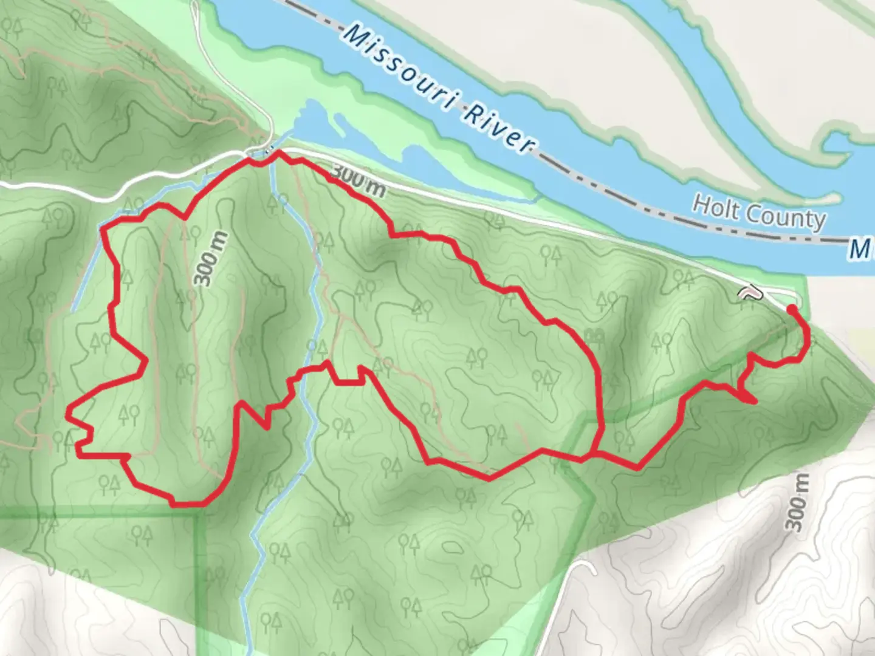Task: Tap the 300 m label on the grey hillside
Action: [x=798, y=501]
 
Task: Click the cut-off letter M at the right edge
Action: [x=860, y=249]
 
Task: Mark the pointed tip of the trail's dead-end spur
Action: [x=755, y=401]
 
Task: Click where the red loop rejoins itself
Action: [x=591, y=454]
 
